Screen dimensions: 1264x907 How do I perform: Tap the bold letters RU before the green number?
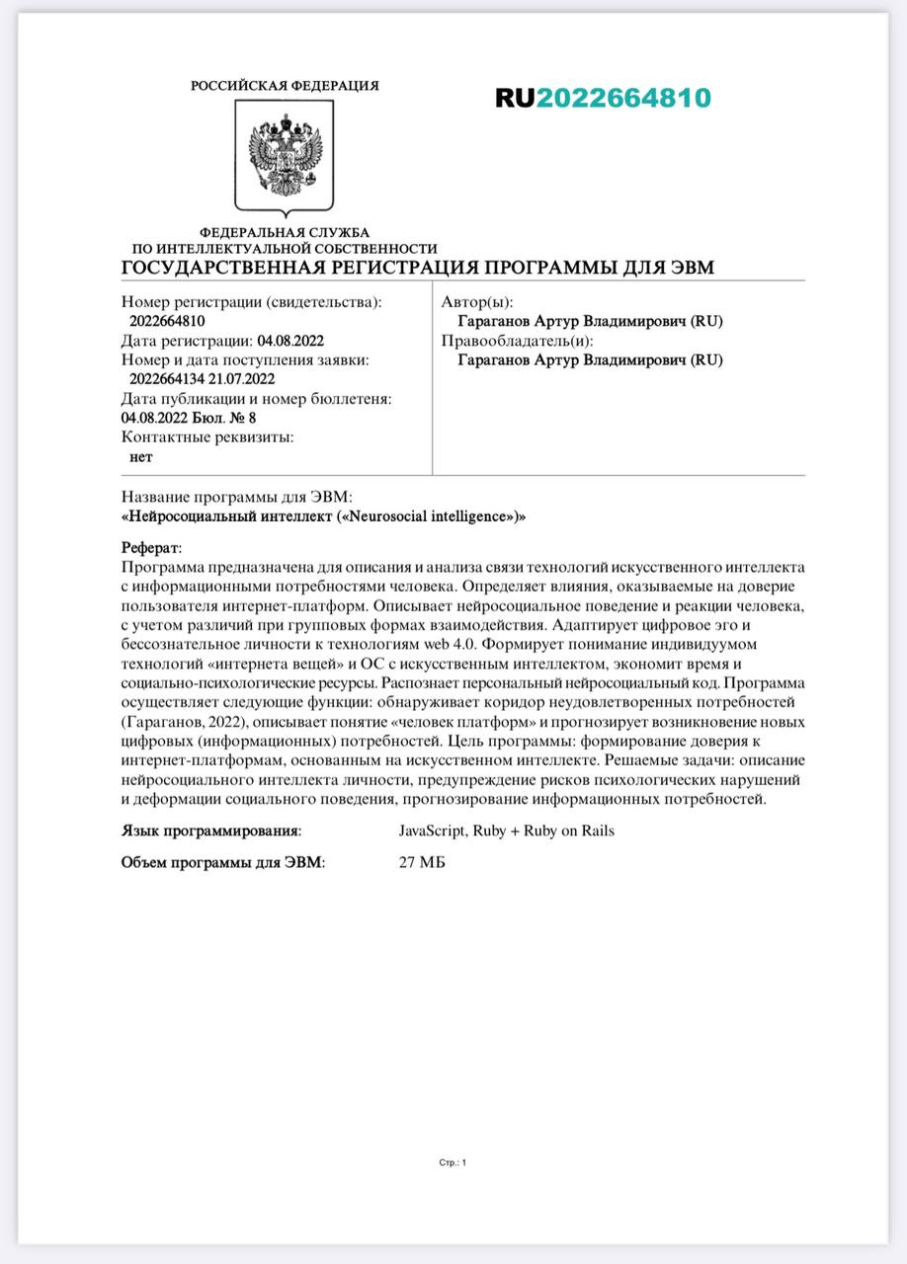point(515,98)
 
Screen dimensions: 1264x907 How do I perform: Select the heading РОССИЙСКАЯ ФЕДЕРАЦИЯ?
point(285,86)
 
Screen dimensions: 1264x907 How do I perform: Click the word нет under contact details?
point(141,456)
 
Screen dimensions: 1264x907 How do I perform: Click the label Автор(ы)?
point(477,303)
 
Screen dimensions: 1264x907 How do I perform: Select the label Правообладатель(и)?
point(517,341)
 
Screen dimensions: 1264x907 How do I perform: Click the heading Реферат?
point(151,548)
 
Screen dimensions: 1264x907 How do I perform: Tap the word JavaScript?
point(431,830)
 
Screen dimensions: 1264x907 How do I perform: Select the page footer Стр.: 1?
point(453,1162)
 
